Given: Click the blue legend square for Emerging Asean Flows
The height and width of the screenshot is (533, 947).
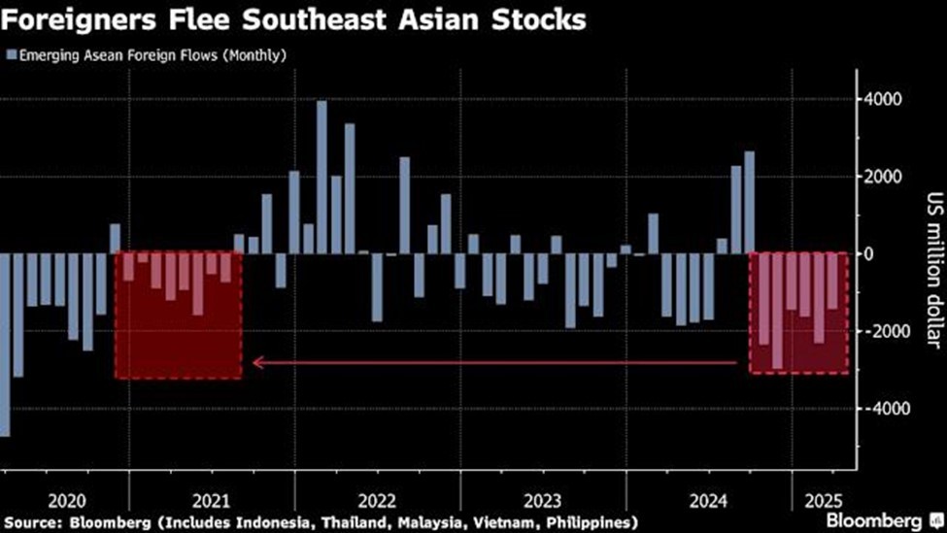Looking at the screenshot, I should click(x=11, y=55).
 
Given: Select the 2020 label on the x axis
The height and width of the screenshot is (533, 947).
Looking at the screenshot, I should click(x=67, y=502).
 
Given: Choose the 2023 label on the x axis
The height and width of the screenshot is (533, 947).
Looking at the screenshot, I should click(x=543, y=502).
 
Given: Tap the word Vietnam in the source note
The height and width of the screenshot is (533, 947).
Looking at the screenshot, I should click(x=489, y=522).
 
